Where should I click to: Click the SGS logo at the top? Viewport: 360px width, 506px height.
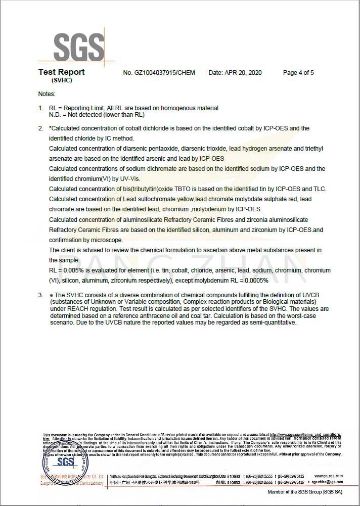coord(78,47)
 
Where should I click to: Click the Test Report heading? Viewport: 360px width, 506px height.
coord(61,72)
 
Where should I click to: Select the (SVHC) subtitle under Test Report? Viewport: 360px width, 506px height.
coord(62,80)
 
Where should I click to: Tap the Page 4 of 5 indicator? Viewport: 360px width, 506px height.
coord(298,73)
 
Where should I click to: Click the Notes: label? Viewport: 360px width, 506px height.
coord(47,94)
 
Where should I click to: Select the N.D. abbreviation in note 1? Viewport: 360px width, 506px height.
coord(55,115)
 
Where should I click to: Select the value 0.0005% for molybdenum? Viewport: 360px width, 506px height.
coord(255,281)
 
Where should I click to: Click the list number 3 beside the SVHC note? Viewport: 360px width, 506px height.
coord(40,295)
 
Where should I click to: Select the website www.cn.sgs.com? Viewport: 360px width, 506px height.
coord(328,476)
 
